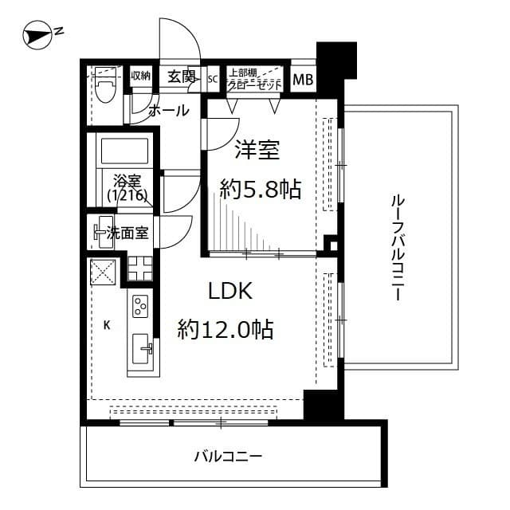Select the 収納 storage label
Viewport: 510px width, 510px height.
tap(141, 76)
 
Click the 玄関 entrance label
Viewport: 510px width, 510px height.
tap(182, 76)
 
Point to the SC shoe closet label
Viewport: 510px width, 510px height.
tap(213, 79)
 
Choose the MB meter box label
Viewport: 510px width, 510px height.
tap(303, 80)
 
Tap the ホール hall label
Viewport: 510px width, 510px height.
tap(169, 110)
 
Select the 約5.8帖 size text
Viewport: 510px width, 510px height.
tap(260, 189)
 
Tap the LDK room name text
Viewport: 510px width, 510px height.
tap(230, 291)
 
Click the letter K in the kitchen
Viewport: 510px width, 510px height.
tap(106, 324)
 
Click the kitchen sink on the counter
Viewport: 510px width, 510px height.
tap(143, 347)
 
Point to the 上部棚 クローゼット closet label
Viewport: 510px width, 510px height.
tap(254, 79)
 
